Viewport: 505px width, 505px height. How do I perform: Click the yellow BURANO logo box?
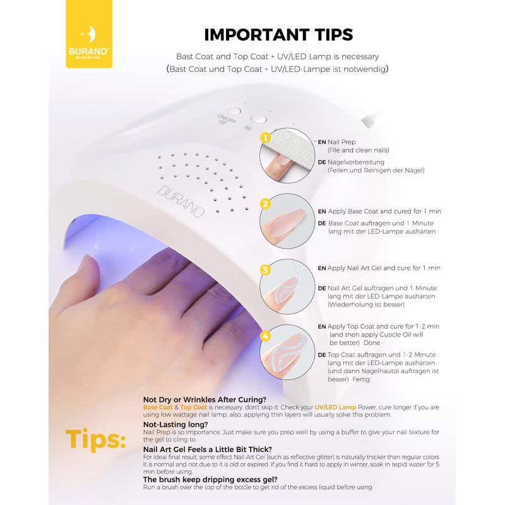(x=89, y=34)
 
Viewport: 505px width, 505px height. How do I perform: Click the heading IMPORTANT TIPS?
(x=278, y=35)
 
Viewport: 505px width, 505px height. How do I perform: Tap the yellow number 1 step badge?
(x=265, y=138)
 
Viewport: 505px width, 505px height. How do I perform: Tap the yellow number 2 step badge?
(x=265, y=203)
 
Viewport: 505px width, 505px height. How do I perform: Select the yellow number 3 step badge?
(x=265, y=270)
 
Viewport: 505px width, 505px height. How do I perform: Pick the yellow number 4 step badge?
(x=265, y=336)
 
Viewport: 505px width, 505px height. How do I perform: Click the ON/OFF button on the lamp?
(x=233, y=111)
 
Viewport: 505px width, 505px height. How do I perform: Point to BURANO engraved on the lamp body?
(x=181, y=201)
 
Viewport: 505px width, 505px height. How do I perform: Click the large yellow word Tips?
(x=95, y=439)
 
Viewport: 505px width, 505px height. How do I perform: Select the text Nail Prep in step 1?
(x=342, y=142)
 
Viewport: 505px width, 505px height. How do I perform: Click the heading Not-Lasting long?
(x=175, y=424)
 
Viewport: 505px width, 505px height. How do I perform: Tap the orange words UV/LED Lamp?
(x=335, y=407)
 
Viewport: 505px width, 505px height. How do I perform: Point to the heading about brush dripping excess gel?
(x=210, y=480)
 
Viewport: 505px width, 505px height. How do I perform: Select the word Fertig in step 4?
(x=361, y=379)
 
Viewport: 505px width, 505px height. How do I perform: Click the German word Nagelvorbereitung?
(x=356, y=162)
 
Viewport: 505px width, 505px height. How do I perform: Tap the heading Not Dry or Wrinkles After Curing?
(x=205, y=400)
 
